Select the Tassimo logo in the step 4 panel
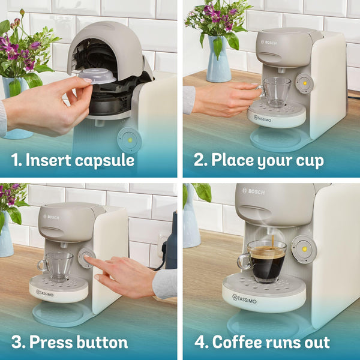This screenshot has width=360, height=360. tap(247, 298)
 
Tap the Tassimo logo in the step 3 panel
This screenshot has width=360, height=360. tap(45, 293)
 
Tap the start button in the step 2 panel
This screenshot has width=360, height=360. tap(304, 83)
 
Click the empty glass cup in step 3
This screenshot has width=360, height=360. tap(58, 266)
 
